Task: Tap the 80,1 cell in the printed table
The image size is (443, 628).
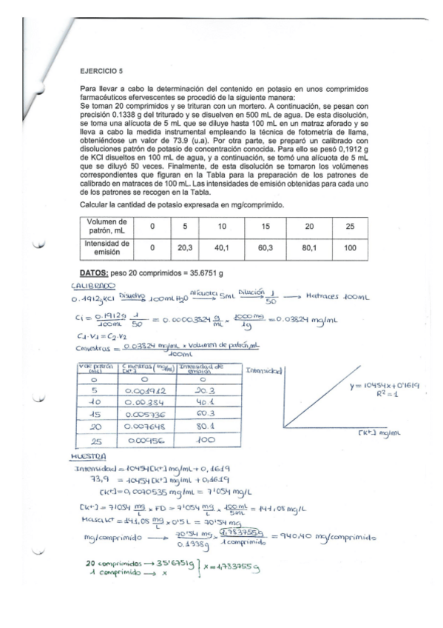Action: (x=309, y=250)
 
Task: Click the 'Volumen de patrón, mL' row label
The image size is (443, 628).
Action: (x=107, y=226)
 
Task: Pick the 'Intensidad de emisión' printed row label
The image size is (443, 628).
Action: (x=107, y=249)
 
